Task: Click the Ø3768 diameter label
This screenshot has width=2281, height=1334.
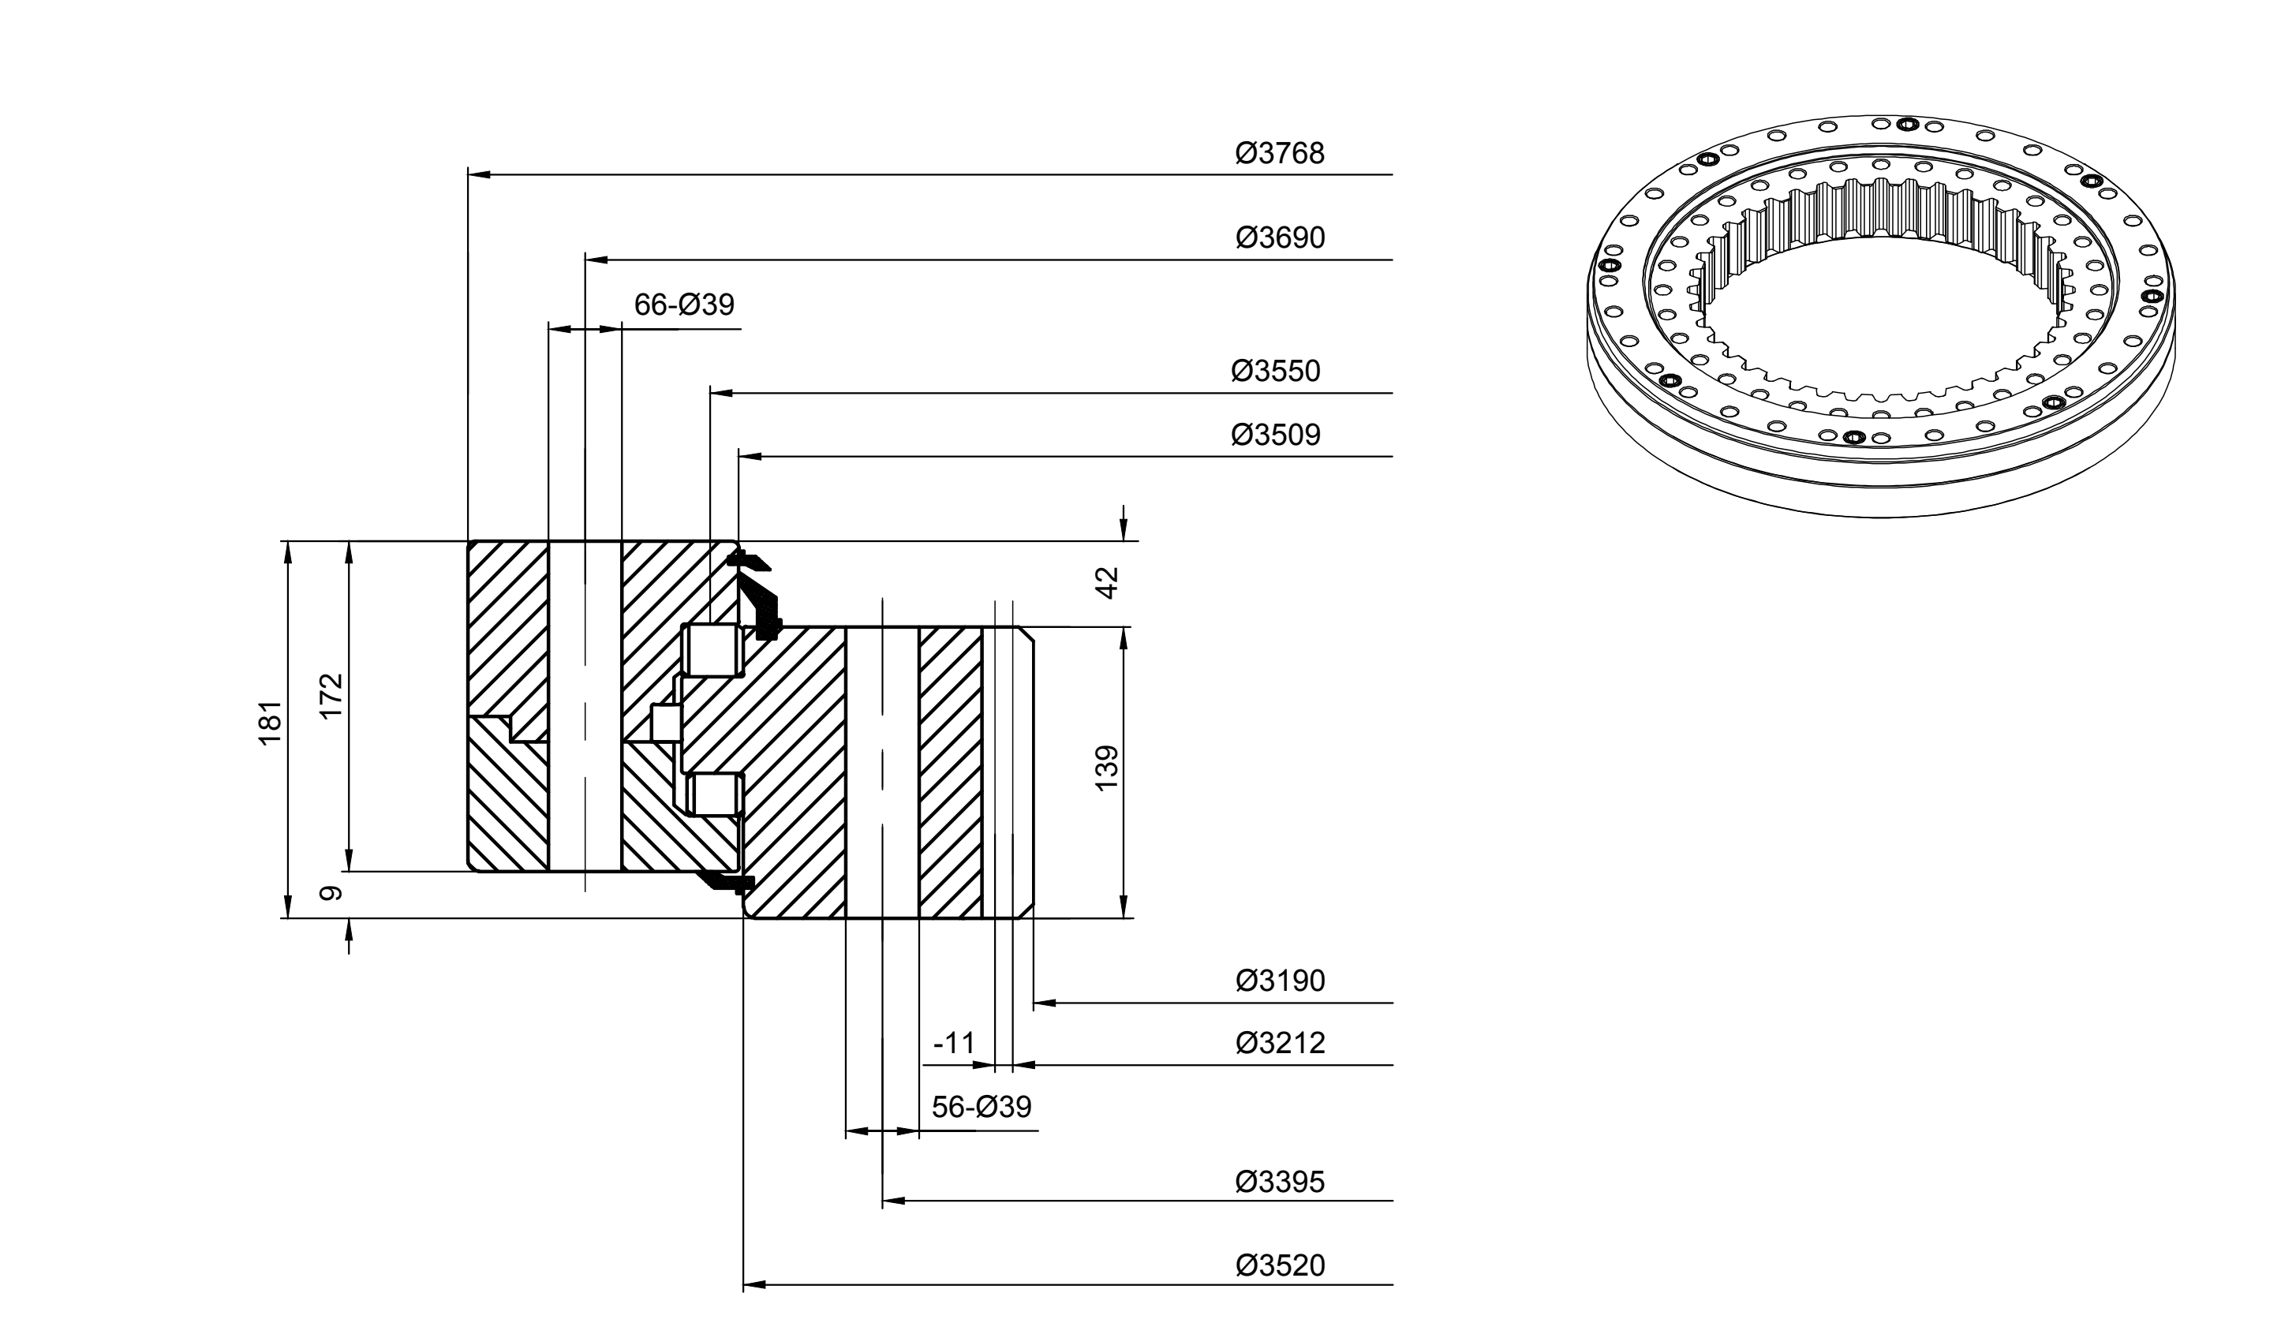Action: click(1280, 153)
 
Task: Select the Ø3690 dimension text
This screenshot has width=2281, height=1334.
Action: click(1280, 238)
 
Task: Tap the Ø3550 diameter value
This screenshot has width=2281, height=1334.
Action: click(1275, 371)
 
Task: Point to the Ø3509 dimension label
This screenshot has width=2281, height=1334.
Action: click(1275, 435)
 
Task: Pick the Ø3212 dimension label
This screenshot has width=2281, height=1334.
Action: click(1280, 1044)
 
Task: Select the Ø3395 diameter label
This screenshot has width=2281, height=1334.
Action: click(1280, 1182)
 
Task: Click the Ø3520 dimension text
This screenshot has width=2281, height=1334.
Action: click(1280, 1265)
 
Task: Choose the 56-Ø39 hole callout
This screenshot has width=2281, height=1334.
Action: click(982, 1107)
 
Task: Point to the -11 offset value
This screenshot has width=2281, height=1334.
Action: click(954, 1044)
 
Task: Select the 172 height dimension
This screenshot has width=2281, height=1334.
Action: click(332, 696)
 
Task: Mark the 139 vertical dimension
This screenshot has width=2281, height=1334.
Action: click(1107, 768)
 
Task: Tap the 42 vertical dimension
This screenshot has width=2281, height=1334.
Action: click(1107, 583)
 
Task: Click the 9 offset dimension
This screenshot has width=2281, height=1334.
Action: click(332, 893)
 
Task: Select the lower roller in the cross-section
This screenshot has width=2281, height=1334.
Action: click(714, 794)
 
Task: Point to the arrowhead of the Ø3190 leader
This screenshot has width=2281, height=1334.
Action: click(1045, 1003)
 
